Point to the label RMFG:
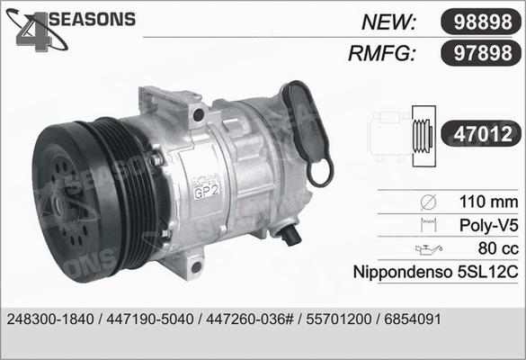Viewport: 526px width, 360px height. (x=380, y=54)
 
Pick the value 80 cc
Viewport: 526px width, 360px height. (x=495, y=246)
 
